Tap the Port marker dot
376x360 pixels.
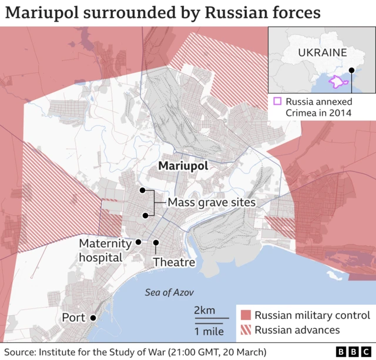93,318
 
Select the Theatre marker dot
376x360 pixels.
156,242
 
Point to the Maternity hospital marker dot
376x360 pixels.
138,242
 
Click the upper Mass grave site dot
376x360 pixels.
142,191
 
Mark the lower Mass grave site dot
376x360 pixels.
145,215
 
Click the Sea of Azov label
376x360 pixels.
169,292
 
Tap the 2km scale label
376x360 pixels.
204,311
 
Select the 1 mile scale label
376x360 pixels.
209,331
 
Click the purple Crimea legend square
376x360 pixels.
277,101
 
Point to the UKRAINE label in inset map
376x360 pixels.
322,52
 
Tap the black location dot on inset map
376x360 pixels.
351,71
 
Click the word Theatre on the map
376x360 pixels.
174,262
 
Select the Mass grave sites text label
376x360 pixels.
211,202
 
